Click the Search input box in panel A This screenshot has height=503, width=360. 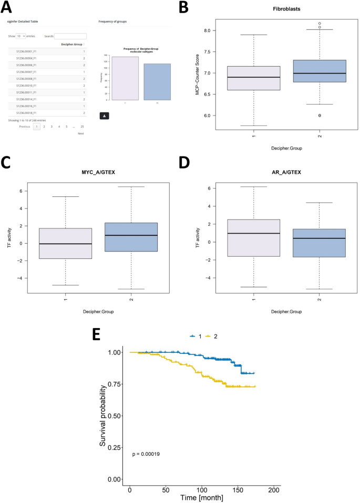(70, 36)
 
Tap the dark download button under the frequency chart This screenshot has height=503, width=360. (104, 115)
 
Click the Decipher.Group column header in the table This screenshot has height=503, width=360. (71, 45)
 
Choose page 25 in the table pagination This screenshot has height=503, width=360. (82, 127)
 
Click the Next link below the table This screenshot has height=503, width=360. (80, 133)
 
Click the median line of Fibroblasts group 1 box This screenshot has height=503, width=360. (254, 77)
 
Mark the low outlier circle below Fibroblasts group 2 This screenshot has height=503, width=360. (319, 116)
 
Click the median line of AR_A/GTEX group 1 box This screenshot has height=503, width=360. (254, 233)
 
